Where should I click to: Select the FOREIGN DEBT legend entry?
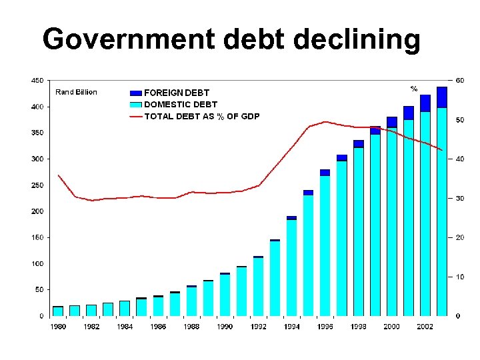point(177,93)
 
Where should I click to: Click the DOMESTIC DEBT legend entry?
point(181,104)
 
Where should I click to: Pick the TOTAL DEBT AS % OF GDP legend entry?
point(202,116)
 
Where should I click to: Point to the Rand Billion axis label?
point(75,92)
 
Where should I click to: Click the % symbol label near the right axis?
point(413,89)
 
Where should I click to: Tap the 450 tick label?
point(38,80)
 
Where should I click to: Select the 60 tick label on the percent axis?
point(460,80)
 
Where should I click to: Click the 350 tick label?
point(38,133)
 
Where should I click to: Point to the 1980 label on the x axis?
point(58,327)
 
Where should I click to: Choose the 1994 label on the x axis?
point(291,327)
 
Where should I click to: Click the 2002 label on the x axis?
point(425,327)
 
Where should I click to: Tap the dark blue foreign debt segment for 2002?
point(425,103)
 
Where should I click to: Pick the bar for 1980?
point(58,311)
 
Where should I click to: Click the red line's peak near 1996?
point(325,121)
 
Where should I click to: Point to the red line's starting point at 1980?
point(59,175)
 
